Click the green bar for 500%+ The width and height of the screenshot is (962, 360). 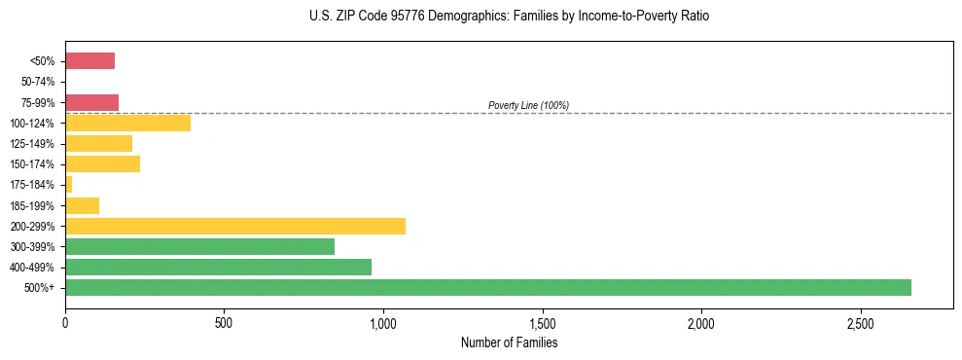[x=488, y=287]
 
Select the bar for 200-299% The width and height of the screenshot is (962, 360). [x=235, y=226]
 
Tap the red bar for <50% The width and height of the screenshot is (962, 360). [x=90, y=61]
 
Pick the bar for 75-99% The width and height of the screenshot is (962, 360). [x=92, y=102]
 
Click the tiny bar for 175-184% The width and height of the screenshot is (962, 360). [x=69, y=184]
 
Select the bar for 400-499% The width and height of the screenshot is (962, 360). [x=219, y=267]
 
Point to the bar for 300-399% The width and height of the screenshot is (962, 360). [x=200, y=246]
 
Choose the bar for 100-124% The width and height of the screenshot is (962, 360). [x=128, y=123]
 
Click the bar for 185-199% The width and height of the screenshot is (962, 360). [x=83, y=205]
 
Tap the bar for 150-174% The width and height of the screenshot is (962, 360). [x=103, y=163]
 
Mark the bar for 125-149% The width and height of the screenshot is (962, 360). [x=99, y=143]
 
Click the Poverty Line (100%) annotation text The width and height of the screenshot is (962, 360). [x=528, y=105]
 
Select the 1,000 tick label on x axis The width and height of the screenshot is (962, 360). [x=383, y=322]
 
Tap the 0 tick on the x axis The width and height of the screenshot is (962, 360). [x=65, y=322]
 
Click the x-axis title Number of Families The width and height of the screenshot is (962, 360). [x=509, y=342]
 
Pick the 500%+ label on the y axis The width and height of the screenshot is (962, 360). [x=43, y=287]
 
